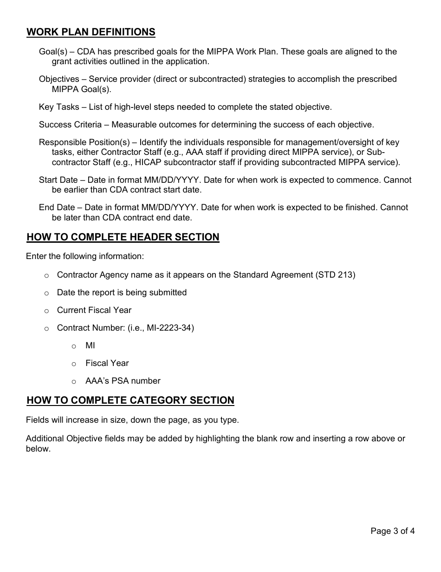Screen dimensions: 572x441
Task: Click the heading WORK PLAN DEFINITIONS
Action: pos(91,32)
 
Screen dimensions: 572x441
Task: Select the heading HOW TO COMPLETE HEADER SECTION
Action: pos(123,237)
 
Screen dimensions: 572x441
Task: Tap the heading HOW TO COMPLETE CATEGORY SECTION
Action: pos(130,400)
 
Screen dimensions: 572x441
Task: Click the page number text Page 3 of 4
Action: pos(392,531)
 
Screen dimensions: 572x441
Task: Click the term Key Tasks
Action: pos(59,107)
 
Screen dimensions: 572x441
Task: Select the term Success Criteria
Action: pos(70,125)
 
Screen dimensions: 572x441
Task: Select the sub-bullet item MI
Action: pos(90,346)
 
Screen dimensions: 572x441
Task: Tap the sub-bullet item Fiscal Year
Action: pos(107,363)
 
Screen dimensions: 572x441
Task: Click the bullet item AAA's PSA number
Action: pos(123,381)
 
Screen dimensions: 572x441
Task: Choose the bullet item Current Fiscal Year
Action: pos(94,310)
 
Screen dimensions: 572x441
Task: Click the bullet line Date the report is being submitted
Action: pos(122,293)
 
